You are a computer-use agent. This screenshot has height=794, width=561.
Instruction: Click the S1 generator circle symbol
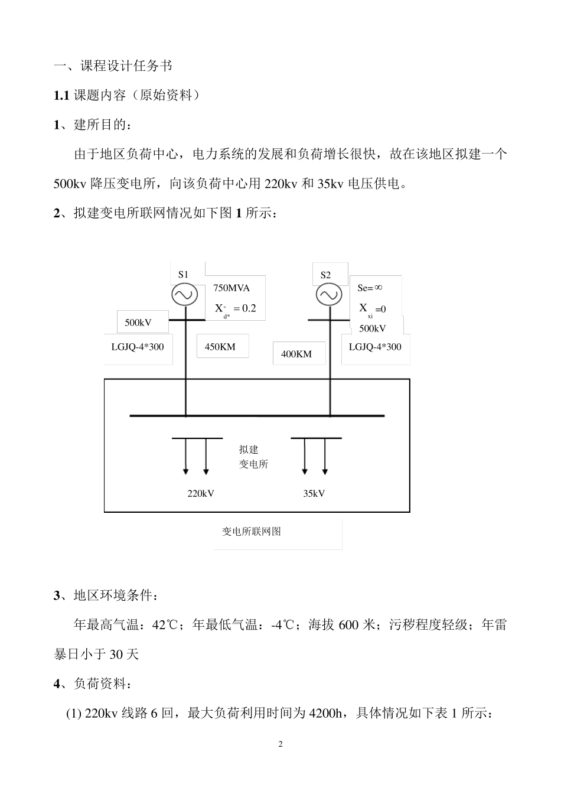click(x=185, y=295)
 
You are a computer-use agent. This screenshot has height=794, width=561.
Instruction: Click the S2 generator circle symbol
click(x=329, y=295)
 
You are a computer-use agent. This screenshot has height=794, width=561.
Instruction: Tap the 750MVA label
click(x=231, y=288)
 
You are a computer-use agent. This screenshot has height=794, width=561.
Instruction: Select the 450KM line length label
click(x=220, y=347)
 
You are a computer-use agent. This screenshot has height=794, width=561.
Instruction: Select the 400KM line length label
click(x=296, y=354)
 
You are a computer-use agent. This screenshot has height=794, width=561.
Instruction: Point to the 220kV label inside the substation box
click(x=201, y=493)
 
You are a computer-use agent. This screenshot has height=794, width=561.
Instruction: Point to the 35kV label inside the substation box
click(x=314, y=493)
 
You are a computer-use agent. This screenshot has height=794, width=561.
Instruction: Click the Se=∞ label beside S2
click(x=370, y=288)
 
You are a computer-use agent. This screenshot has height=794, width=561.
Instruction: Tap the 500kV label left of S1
click(x=138, y=323)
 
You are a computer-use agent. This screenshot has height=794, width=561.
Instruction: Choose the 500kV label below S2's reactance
click(x=373, y=328)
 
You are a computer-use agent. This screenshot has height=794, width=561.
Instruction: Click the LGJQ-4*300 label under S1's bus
click(x=138, y=347)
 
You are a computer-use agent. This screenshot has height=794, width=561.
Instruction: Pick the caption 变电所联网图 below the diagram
click(x=251, y=531)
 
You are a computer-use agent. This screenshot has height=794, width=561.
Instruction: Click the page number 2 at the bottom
click(x=280, y=744)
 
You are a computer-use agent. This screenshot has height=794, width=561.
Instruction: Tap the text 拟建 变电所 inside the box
click(x=253, y=457)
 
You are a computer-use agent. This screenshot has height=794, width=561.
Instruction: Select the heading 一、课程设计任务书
click(x=113, y=66)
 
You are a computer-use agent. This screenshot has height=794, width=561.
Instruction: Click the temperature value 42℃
click(x=165, y=624)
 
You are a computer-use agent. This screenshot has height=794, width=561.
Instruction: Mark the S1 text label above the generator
click(x=183, y=274)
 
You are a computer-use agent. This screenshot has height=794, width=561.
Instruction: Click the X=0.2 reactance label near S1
click(x=235, y=309)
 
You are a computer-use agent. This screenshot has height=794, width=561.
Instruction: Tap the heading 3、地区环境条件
click(x=106, y=595)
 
